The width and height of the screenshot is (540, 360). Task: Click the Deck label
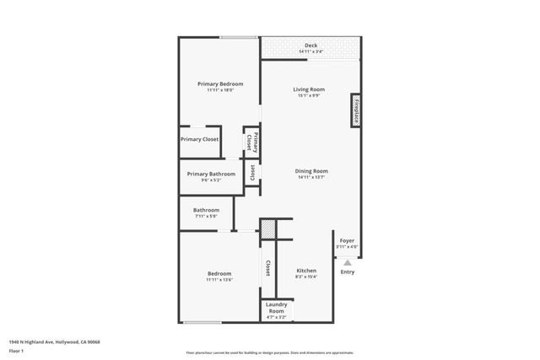310,46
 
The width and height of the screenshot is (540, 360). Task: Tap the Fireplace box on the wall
356,110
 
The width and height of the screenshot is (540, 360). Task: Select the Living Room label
309,89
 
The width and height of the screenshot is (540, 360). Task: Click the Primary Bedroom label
220,84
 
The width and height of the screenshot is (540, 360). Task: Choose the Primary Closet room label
200,139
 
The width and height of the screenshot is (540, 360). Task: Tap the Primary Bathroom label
211,175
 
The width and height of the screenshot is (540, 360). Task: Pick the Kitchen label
305,271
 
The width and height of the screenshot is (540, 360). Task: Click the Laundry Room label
277,307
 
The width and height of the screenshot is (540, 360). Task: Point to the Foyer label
347,241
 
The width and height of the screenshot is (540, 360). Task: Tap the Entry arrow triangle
347,262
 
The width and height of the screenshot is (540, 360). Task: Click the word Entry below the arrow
347,271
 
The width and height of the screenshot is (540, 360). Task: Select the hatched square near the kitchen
267,228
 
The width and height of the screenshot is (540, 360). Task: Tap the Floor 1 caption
17,350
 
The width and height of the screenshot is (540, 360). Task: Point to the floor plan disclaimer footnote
270,352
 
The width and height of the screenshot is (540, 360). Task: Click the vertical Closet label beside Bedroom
267,268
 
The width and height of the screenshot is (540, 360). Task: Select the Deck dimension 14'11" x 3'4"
310,52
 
